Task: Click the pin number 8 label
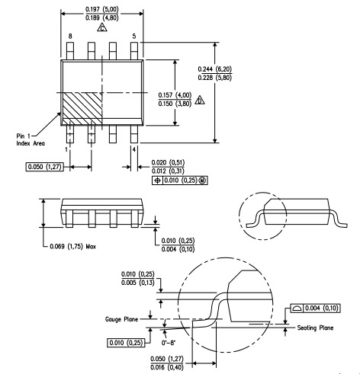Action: (x=70, y=37)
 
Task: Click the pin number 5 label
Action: (x=134, y=37)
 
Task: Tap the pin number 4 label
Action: (x=134, y=150)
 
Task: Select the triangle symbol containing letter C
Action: (x=102, y=27)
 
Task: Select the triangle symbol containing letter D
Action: (x=200, y=101)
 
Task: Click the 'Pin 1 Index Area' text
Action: (x=31, y=139)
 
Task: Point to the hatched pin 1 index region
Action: (x=82, y=108)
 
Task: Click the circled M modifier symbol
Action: (x=203, y=181)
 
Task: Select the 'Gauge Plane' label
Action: (x=121, y=319)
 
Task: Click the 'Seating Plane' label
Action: (x=315, y=328)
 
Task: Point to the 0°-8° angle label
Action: (x=169, y=343)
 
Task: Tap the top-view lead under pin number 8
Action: (x=70, y=51)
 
